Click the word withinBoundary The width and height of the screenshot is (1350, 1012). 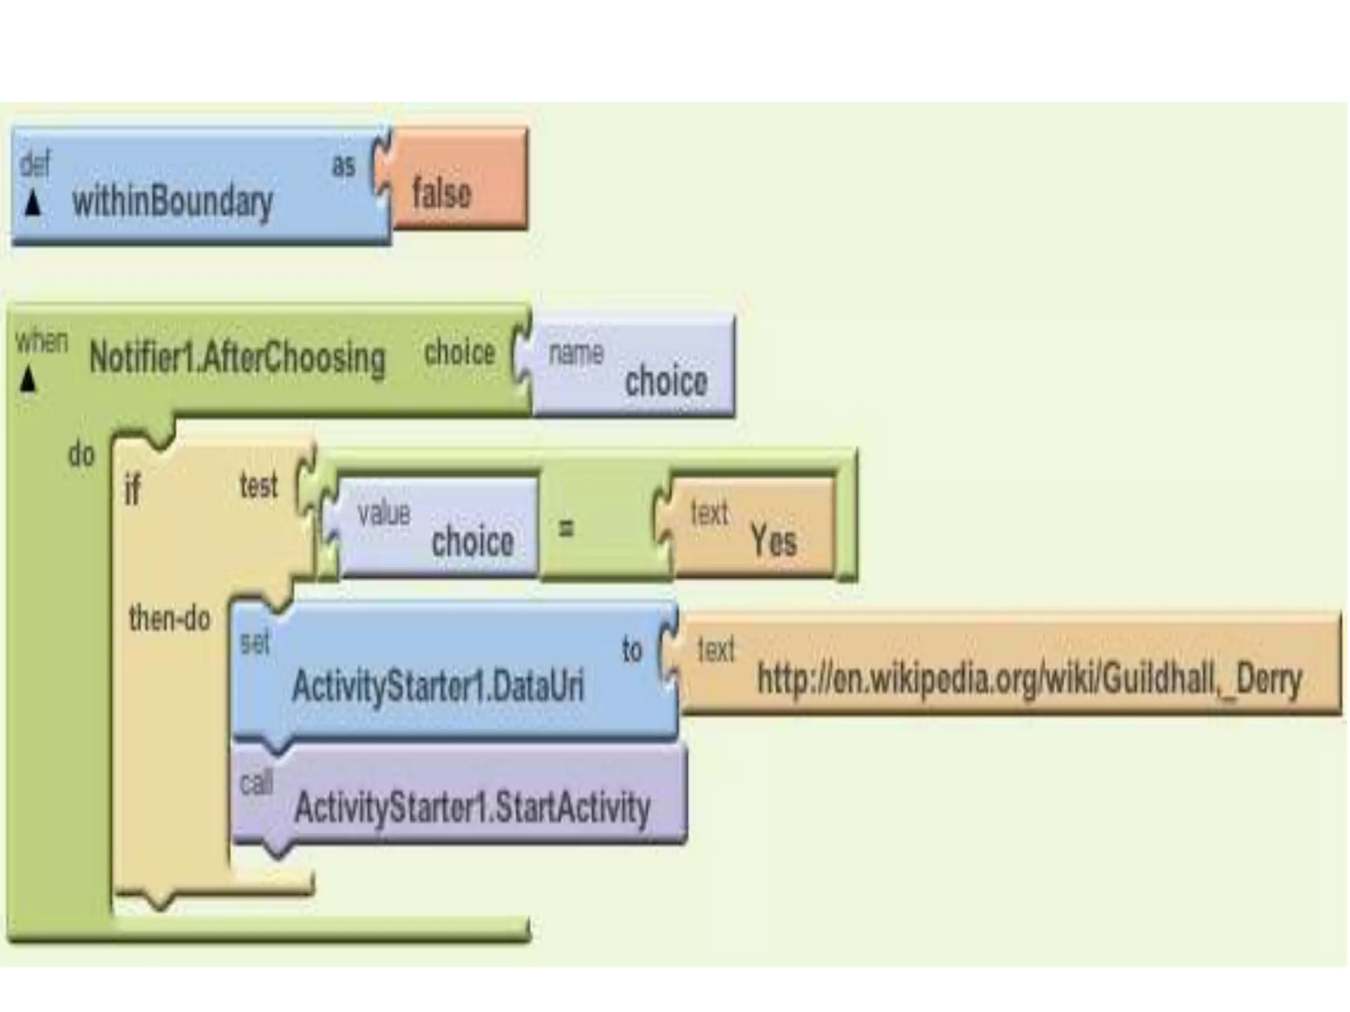coord(172,202)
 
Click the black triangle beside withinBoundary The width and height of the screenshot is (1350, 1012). coord(32,204)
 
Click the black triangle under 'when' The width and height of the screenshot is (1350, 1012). coord(27,379)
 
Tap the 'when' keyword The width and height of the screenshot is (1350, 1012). coord(42,341)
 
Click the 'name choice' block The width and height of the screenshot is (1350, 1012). coord(633,366)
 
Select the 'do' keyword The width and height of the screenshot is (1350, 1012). coord(81,455)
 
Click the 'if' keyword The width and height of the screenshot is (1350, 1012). coord(132,491)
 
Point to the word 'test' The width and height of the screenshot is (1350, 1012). coord(258,486)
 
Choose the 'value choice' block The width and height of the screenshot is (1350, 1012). coord(438,527)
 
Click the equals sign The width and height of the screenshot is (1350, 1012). coord(566,527)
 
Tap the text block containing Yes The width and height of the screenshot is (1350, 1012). coord(751,527)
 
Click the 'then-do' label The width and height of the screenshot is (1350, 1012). coord(169,619)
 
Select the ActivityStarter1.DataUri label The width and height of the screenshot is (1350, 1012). coord(438,686)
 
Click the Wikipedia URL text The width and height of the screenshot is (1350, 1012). coord(1029,679)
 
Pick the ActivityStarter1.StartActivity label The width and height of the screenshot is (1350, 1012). coord(472,808)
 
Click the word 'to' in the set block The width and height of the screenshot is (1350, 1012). coord(631,650)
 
